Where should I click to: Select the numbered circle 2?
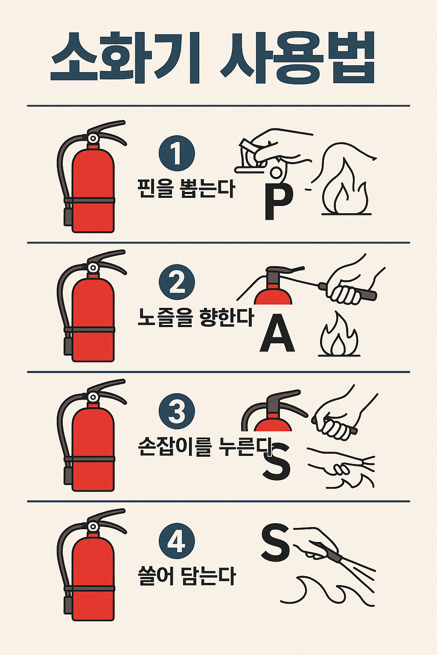[177, 283]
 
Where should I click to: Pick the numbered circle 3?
[177, 412]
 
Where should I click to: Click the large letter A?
[277, 333]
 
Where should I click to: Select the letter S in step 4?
[275, 543]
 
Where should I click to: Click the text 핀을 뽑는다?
[186, 188]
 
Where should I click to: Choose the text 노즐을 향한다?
[195, 318]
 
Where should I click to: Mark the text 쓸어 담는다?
[187, 576]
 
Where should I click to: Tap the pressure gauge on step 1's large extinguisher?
[93, 138]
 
